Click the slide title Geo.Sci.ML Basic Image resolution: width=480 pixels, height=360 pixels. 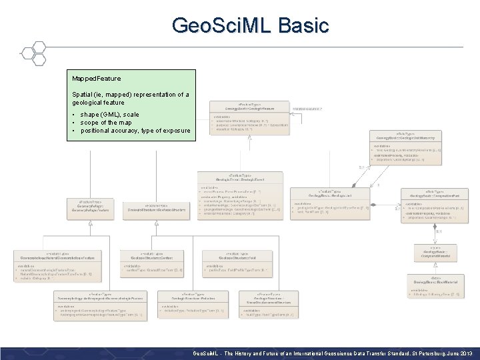point(250,25)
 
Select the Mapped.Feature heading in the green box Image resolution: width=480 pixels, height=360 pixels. point(97,79)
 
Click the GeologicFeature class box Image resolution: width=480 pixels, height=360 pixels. point(249,116)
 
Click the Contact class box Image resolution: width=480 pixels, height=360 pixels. point(151,263)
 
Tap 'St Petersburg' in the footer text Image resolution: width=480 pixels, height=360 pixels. point(422,352)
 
